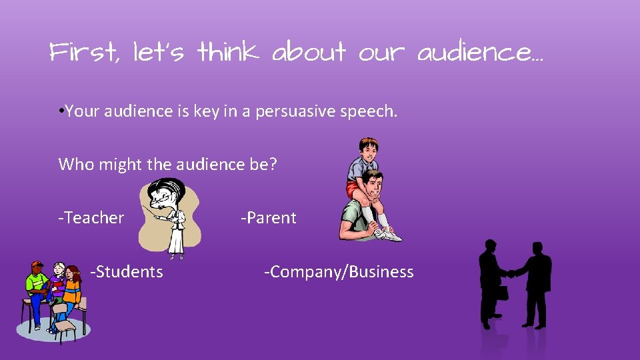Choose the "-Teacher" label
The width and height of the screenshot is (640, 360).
coord(91,218)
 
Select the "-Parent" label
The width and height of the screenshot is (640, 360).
coord(269,218)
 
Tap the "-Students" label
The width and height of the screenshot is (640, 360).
coord(127,271)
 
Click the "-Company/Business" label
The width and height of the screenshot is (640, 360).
coord(339,272)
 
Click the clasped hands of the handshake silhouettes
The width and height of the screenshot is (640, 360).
coord(511,273)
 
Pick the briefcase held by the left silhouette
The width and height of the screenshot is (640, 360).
coord(501,292)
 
